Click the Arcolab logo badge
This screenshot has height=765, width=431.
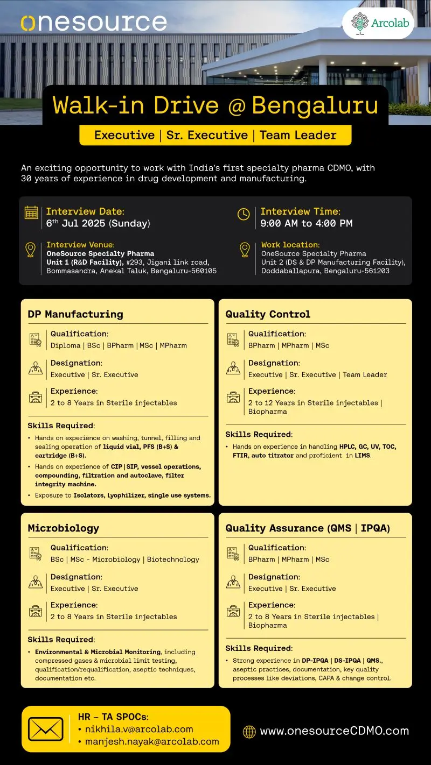tap(378, 23)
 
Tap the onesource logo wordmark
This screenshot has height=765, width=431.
tap(94, 23)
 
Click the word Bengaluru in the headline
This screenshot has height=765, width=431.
tap(315, 105)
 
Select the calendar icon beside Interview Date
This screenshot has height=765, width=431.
tap(31, 212)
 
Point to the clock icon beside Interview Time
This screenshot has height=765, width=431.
tap(244, 214)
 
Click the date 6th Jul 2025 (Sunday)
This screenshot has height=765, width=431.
tap(98, 223)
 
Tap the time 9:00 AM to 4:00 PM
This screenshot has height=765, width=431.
tap(306, 223)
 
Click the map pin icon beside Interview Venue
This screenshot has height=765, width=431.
tap(31, 250)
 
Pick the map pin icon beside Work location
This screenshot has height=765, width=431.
tap(245, 250)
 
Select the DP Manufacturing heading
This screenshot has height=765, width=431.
tap(75, 314)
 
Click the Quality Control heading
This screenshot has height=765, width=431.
tap(268, 314)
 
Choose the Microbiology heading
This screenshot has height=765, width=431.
tap(64, 528)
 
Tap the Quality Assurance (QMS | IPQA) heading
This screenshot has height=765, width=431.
tap(308, 528)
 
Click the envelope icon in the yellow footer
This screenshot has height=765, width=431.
tap(46, 729)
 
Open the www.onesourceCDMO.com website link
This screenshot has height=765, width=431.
tap(334, 731)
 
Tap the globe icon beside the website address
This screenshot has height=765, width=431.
tap(249, 731)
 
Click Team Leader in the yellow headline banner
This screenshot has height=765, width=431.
tap(297, 135)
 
